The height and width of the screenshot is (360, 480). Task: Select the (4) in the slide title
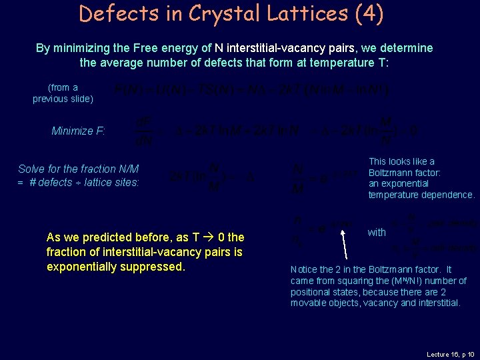tap(370, 13)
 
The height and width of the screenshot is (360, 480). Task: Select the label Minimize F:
tap(78, 131)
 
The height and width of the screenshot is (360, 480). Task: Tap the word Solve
tap(31, 169)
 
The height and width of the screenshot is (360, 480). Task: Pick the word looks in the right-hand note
tap(403, 161)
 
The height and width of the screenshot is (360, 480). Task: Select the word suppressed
tap(153, 267)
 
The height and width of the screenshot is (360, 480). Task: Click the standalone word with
tap(377, 232)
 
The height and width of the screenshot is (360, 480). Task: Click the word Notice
tap(304, 269)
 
